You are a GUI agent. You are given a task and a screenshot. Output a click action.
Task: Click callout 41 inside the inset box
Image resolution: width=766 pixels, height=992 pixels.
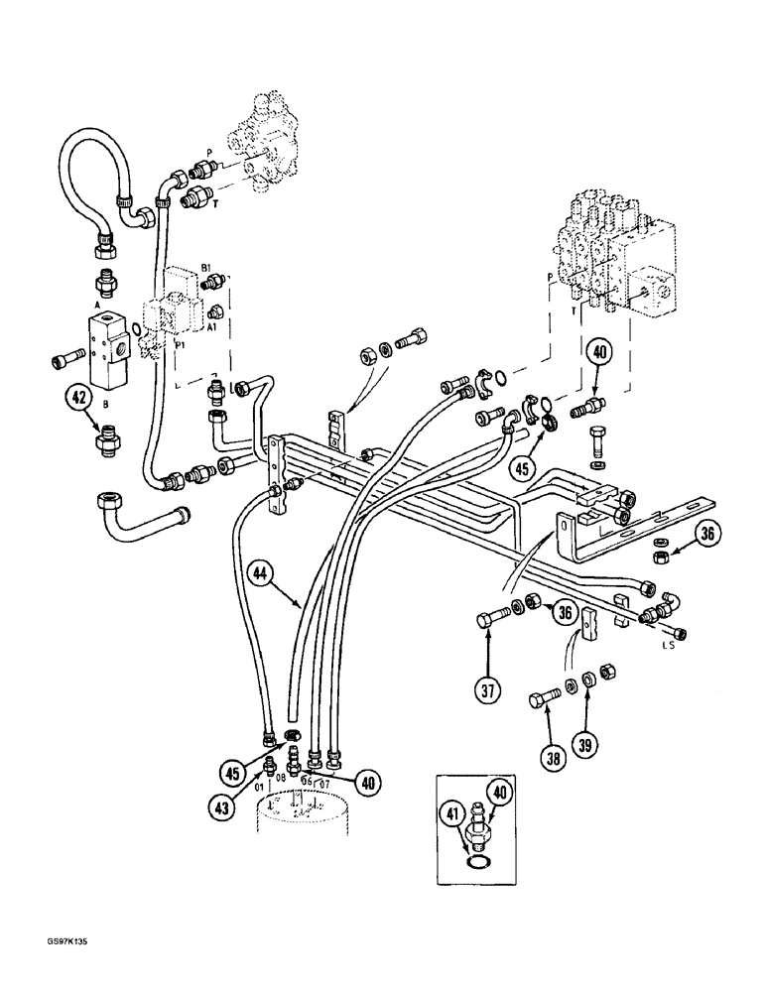pyautogui.click(x=453, y=819)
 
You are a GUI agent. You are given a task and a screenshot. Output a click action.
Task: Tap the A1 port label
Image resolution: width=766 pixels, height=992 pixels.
pyautogui.click(x=211, y=324)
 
